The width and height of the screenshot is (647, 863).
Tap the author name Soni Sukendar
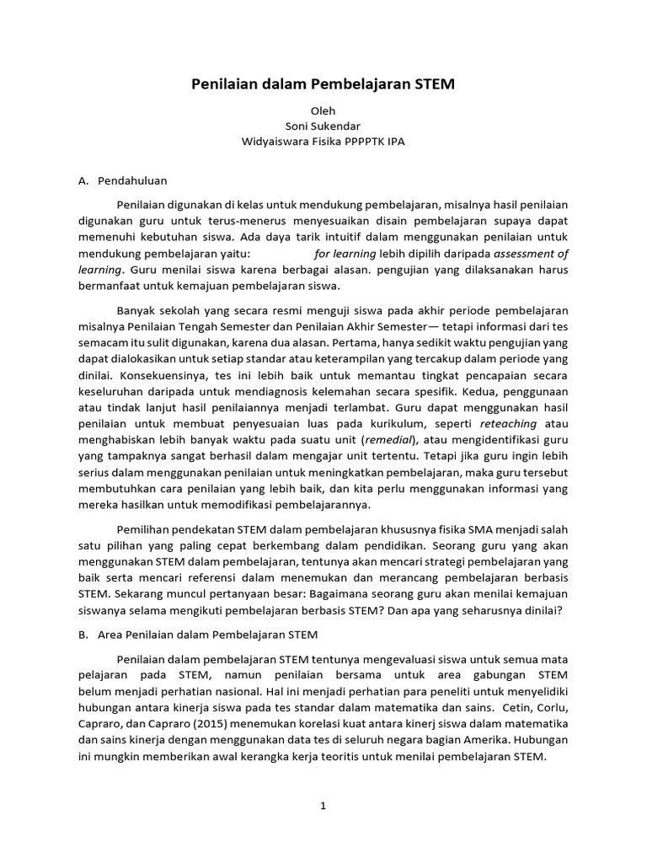coord(323,126)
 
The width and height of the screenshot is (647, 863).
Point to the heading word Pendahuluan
coord(132,180)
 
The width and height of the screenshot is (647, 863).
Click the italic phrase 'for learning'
coord(345,254)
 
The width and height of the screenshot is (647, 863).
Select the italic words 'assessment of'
coord(531,254)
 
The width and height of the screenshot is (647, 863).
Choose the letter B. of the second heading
coord(83,635)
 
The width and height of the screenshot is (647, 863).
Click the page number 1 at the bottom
coord(323,806)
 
